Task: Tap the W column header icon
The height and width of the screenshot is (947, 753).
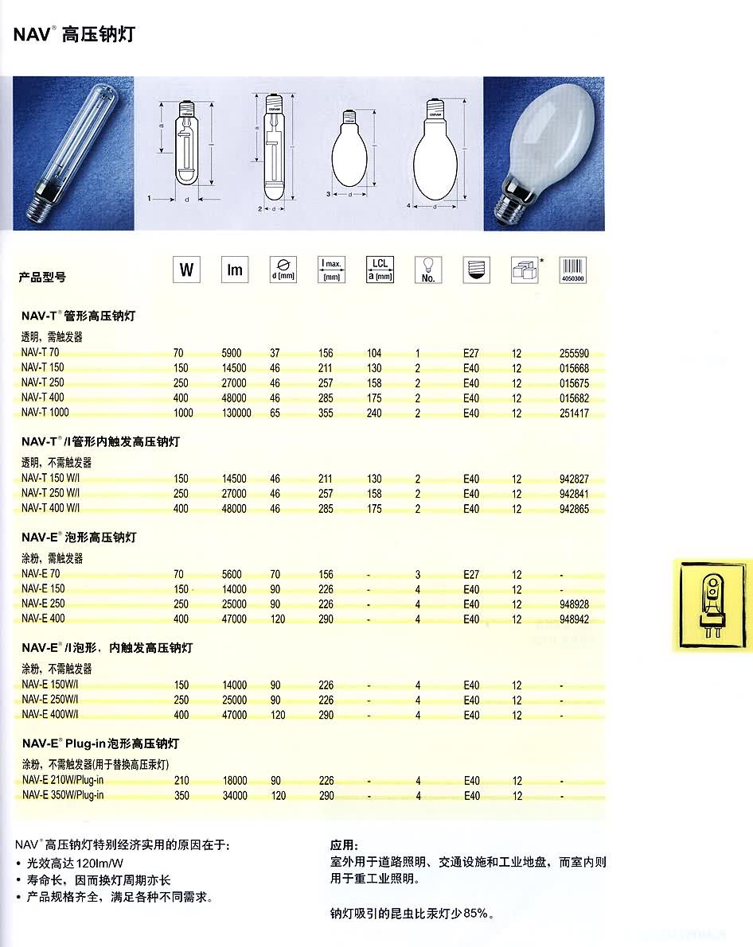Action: point(185,270)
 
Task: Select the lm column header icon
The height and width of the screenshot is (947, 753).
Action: point(234,270)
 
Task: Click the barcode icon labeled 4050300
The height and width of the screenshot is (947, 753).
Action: point(572,270)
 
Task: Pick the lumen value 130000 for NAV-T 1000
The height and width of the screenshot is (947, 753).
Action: point(236,413)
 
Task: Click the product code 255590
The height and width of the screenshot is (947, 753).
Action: point(575,353)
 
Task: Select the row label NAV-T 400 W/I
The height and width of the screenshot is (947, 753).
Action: point(52,509)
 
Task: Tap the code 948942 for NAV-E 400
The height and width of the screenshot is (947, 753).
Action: point(575,619)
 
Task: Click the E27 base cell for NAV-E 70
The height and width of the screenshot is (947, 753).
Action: point(471,574)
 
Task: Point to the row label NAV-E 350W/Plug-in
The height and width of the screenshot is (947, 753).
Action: point(63,795)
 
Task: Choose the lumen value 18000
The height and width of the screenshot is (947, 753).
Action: point(234,781)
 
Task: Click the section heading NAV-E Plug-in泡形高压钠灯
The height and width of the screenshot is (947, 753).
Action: point(100,743)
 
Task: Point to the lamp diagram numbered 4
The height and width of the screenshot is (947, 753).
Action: point(435,155)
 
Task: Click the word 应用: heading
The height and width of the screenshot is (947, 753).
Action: point(345,845)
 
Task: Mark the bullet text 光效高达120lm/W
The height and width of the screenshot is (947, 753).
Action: point(79,864)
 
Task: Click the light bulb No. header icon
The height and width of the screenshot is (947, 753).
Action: point(427,270)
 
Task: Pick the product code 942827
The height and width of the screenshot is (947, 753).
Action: point(575,479)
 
